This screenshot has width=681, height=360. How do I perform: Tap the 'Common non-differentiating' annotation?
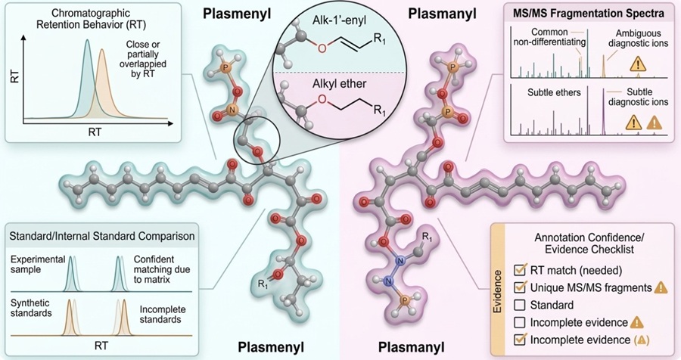coord(550,38)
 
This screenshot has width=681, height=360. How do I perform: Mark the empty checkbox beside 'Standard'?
coord(521,304)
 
